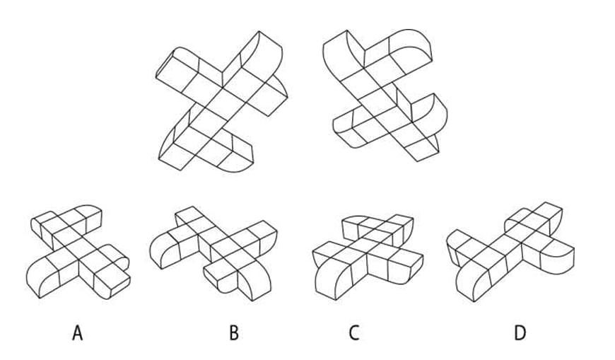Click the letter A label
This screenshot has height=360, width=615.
(78, 333)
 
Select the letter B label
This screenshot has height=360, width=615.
(234, 333)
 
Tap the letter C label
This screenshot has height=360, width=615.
(353, 333)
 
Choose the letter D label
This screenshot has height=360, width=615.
(520, 333)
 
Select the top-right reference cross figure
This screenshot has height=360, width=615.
(385, 95)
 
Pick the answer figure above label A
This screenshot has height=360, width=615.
(78, 252)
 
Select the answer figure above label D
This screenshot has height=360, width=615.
(510, 252)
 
